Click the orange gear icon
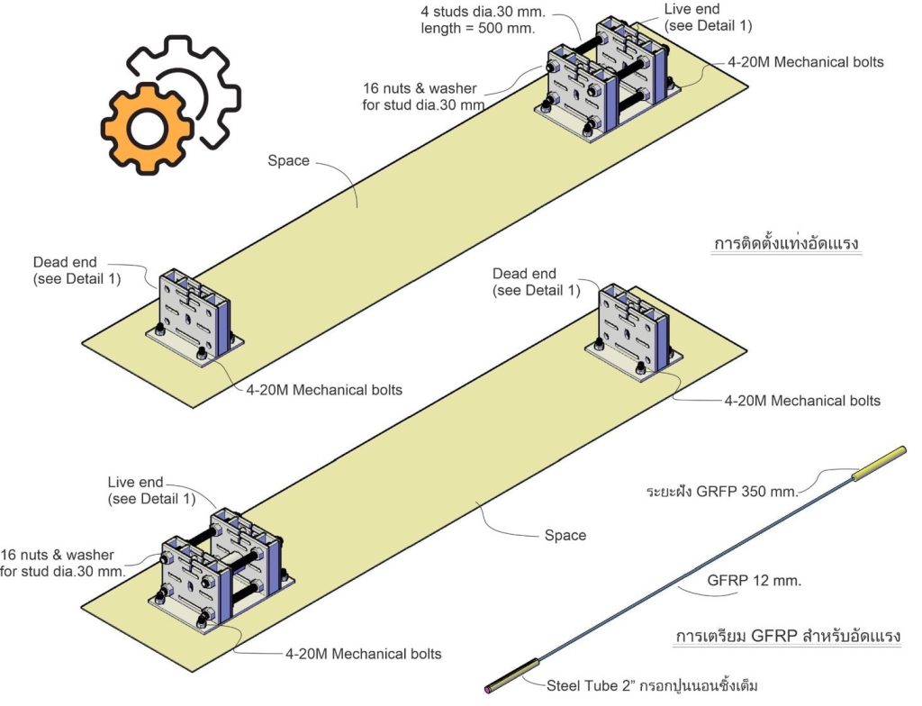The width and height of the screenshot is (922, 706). [144, 129]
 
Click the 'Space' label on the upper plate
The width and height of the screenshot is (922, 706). [288, 161]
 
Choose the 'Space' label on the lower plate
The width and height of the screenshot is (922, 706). [565, 536]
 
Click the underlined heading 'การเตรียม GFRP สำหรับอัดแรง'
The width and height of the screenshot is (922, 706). [788, 637]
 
